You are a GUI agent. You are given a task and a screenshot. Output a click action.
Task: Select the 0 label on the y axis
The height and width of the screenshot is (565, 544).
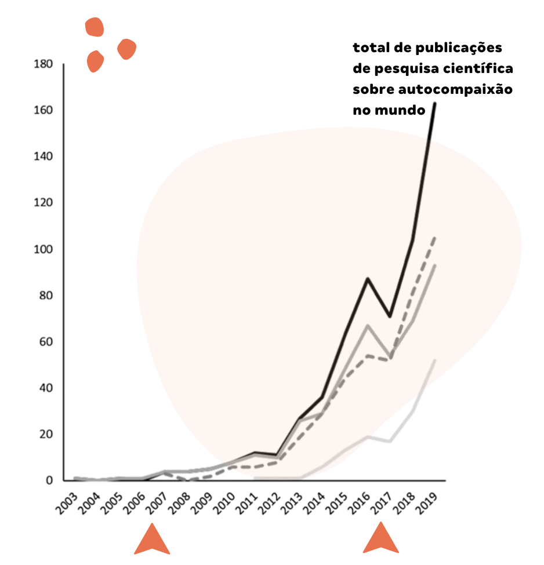coord(50,480)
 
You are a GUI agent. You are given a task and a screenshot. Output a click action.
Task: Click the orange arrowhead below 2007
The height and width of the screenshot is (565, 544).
coord(152,540)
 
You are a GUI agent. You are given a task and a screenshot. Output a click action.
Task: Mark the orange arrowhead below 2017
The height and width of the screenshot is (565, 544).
coord(381,539)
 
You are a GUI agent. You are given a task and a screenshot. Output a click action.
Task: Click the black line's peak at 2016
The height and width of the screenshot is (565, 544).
coord(367,279)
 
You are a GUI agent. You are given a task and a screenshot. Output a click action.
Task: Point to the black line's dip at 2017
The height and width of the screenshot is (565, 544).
coord(390,316)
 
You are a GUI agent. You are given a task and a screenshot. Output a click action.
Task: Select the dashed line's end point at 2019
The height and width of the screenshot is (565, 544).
coord(435,237)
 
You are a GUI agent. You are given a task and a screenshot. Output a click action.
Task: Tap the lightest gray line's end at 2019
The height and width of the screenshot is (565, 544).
coord(435,360)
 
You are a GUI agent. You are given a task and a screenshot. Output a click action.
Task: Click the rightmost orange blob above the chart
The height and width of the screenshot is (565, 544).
coord(126,49)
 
